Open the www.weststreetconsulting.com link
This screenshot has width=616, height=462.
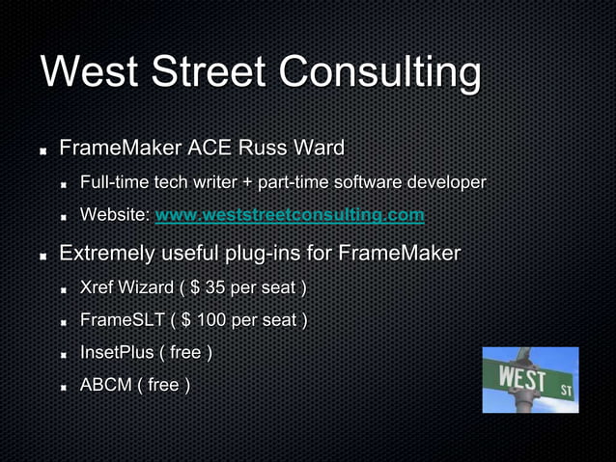[x=290, y=215]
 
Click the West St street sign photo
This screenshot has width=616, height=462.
[x=530, y=380]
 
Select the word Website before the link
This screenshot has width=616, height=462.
[x=113, y=215]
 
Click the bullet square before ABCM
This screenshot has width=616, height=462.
[x=63, y=386]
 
